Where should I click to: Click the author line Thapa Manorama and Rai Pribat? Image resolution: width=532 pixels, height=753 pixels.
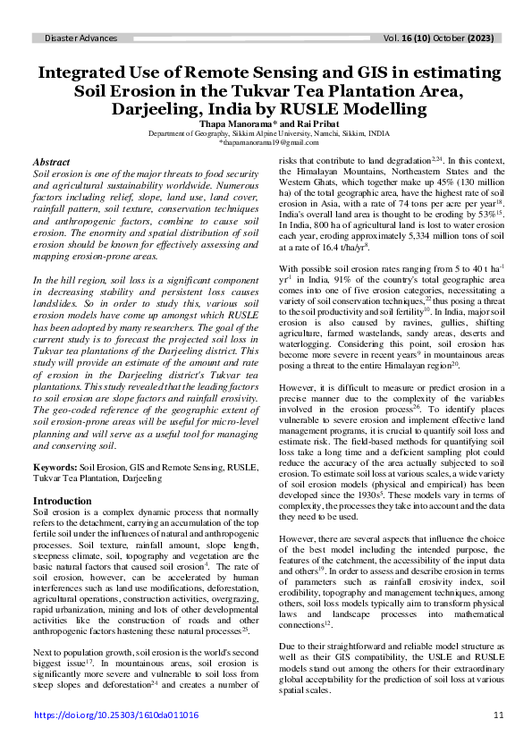(x=267, y=123)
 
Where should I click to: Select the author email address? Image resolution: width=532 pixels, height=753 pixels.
(x=267, y=141)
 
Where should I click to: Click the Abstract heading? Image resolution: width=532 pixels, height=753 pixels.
(x=51, y=162)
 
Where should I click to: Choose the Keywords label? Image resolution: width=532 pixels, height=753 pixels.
(x=55, y=467)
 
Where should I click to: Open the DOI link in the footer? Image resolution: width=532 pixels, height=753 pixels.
(x=116, y=715)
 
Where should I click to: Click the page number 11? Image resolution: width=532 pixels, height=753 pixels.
(x=498, y=715)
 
